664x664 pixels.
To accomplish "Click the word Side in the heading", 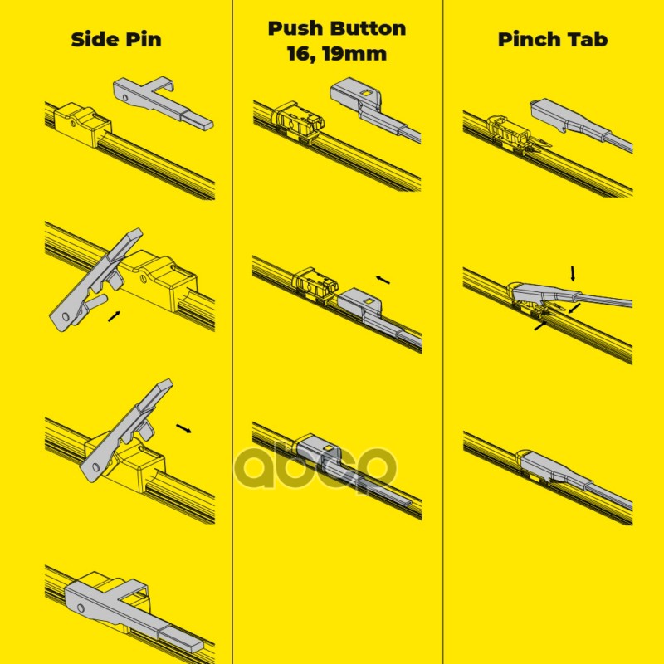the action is click(x=95, y=39).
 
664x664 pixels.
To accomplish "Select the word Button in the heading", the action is click(x=369, y=28).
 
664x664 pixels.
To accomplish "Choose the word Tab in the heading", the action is click(x=588, y=39).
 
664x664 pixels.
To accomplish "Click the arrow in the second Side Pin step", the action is click(x=114, y=316).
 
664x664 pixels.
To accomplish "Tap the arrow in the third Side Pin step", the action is click(x=183, y=428).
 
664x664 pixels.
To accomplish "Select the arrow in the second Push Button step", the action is click(x=383, y=280).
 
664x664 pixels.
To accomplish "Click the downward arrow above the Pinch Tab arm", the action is click(x=573, y=274).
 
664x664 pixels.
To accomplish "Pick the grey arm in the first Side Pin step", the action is click(x=163, y=102).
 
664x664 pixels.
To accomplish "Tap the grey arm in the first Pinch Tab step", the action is click(x=581, y=124).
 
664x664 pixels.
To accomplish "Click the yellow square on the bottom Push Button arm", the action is click(x=328, y=448).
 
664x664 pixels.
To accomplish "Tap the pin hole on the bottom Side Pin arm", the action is click(x=81, y=608).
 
